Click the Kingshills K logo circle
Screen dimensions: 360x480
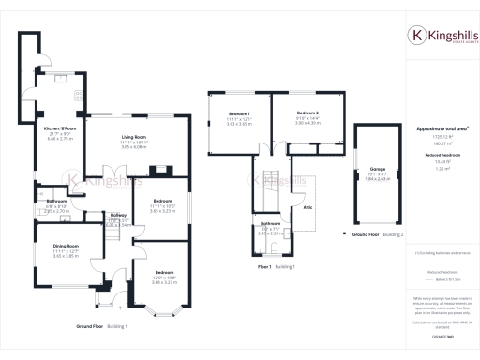[x=419, y=36]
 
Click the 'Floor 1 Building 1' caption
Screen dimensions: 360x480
[x=277, y=267]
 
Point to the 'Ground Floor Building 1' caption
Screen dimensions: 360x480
[x=103, y=325]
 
